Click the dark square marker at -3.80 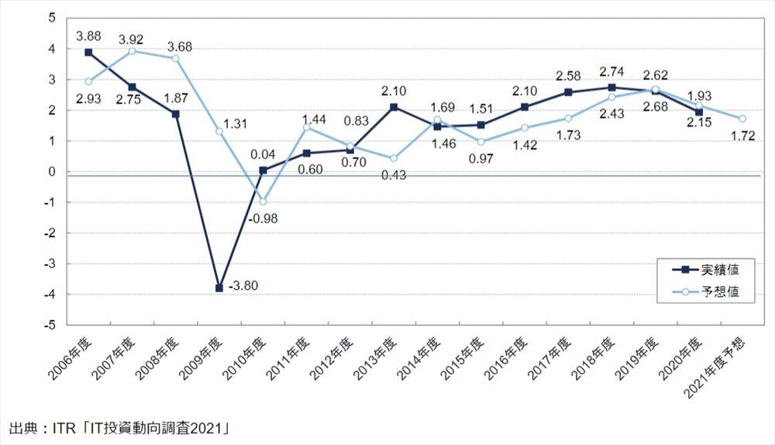pyautogui.click(x=219, y=288)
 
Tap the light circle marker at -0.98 pyautogui.click(x=263, y=202)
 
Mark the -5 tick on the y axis pyautogui.click(x=51, y=325)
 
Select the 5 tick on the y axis pyautogui.click(x=51, y=18)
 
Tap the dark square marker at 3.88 pyautogui.click(x=89, y=52)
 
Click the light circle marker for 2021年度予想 pyautogui.click(x=742, y=119)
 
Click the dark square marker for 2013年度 pyautogui.click(x=394, y=107)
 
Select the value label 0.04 pyautogui.click(x=262, y=154)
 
